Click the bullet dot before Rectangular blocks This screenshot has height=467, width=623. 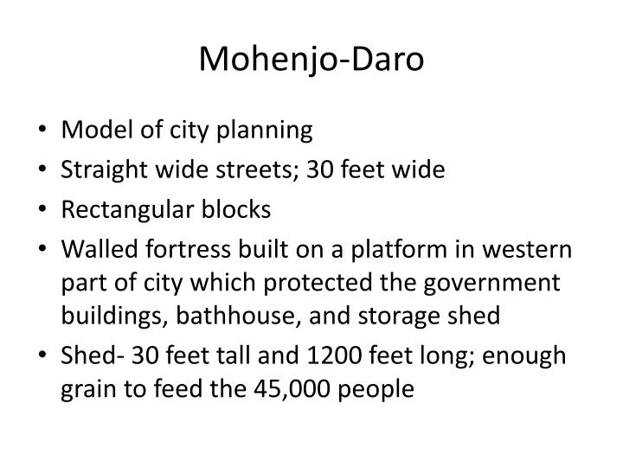(46, 211)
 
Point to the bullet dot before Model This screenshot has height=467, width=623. (46, 131)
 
